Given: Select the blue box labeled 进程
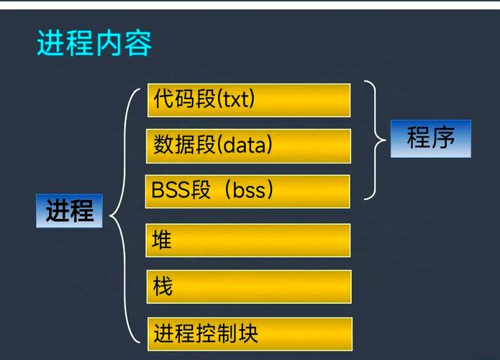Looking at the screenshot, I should [69, 211].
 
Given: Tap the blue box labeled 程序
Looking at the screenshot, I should [430, 138].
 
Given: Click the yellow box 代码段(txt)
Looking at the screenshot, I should [249, 100].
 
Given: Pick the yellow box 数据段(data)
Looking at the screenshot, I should [249, 145].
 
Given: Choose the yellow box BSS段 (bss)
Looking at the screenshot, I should [248, 191].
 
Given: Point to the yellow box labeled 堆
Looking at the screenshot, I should [249, 240].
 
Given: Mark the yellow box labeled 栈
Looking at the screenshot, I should [249, 287].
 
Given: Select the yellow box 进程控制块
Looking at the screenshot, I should [250, 334].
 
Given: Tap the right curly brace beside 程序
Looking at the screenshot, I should [373, 140].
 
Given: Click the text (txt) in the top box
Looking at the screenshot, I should [237, 100].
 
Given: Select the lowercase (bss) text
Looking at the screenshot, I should [249, 191].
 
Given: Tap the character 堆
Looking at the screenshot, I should [163, 240].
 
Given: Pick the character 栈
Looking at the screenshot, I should [163, 287].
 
